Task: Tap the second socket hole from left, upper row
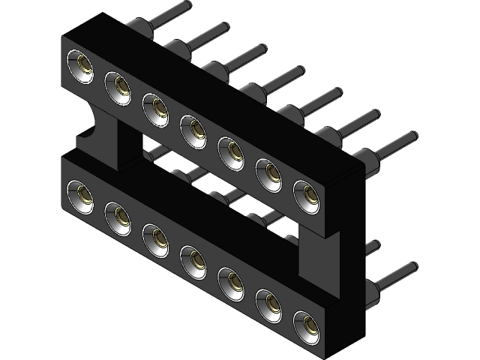coord(118,88)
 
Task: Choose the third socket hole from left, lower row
coord(156,238)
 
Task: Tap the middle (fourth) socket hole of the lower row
coord(193,259)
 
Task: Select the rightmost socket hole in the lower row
coord(306,324)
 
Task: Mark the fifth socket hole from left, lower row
coord(231,281)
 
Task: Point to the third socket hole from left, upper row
coord(155,108)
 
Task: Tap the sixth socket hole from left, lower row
coord(268,303)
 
